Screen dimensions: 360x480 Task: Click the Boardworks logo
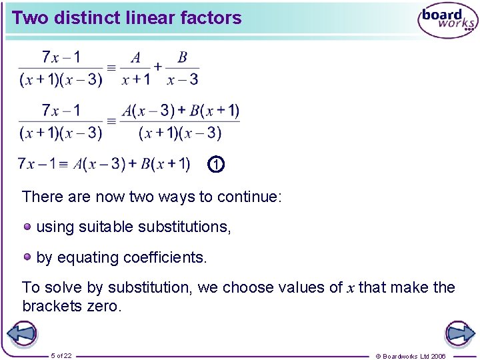click(447, 21)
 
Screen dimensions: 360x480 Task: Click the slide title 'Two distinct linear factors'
click(127, 18)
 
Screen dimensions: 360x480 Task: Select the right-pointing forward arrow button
click(459, 333)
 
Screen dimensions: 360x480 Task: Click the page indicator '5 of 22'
click(61, 355)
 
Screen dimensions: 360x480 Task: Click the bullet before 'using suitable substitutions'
click(27, 226)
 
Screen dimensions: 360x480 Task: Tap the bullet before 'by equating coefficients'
click(27, 256)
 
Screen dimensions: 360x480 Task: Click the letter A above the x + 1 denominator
click(136, 58)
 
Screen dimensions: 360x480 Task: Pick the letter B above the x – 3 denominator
click(182, 58)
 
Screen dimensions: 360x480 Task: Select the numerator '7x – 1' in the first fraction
click(61, 57)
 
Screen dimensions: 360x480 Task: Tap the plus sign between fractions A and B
click(158, 67)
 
